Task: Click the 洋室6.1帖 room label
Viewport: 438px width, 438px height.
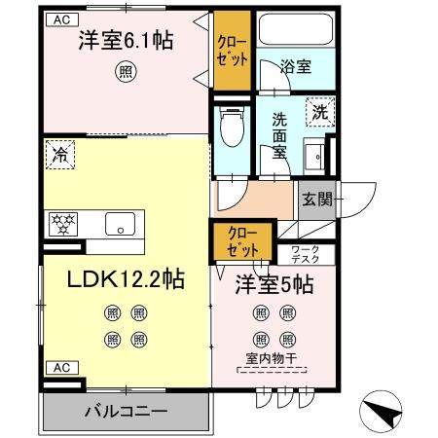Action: click(126, 42)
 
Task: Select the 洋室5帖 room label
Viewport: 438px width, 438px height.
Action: click(274, 286)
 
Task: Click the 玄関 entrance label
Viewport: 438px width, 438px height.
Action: click(316, 201)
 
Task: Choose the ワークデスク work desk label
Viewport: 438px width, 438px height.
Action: click(311, 255)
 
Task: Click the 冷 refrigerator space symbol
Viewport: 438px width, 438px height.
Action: click(59, 153)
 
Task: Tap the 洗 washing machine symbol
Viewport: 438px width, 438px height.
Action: click(319, 111)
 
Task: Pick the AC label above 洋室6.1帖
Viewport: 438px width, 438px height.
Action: click(60, 18)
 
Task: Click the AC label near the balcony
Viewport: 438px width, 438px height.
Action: click(60, 367)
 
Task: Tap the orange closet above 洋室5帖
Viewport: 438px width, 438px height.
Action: click(242, 238)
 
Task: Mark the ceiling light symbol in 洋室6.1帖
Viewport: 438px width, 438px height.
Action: click(125, 70)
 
